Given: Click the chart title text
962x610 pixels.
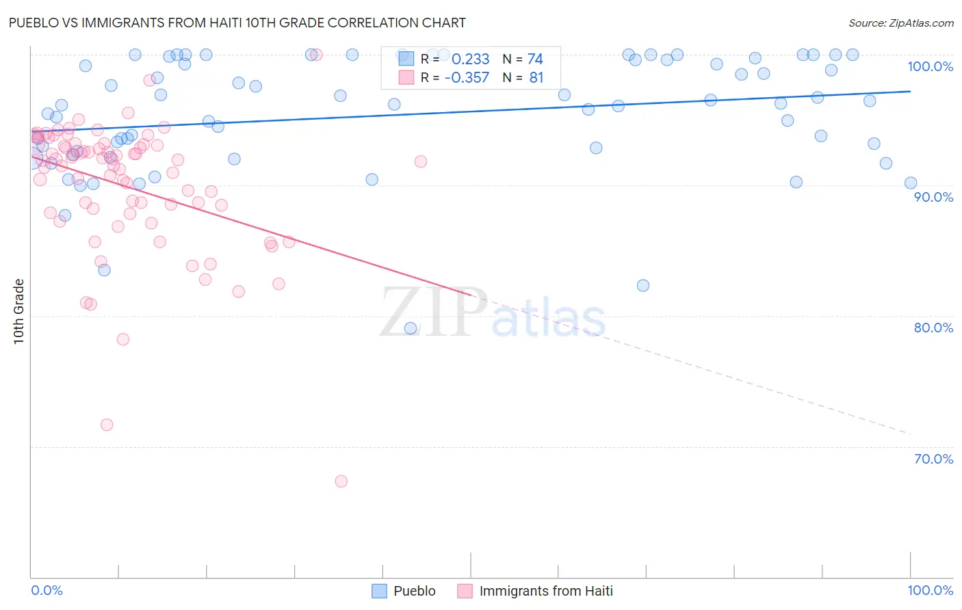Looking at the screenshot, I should tap(237, 23).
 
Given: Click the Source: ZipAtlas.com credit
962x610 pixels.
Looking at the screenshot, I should tap(900, 23).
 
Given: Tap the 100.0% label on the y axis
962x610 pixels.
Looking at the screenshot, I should tap(930, 66).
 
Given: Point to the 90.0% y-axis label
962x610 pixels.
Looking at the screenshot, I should tap(933, 197).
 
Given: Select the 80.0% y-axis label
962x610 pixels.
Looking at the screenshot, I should tap(933, 328).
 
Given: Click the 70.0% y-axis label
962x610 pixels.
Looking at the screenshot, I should tap(933, 459).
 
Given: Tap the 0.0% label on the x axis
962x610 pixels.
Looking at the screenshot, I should tap(47, 590).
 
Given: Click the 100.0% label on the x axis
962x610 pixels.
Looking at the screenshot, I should tap(930, 590).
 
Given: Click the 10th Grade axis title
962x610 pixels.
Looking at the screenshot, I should tap(18, 311).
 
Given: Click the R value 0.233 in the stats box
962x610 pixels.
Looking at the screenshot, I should tap(470, 59).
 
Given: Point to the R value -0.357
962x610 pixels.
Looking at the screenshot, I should tap(467, 78).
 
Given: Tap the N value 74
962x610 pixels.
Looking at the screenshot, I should tap(535, 59).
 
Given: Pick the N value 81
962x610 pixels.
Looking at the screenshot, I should tap(536, 78).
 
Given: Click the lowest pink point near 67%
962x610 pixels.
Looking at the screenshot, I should tap(341, 481).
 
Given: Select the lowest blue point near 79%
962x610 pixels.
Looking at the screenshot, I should tap(411, 328).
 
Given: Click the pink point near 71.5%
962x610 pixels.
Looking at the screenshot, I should tap(107, 425).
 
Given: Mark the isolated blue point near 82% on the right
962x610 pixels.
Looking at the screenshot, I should tap(643, 285).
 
